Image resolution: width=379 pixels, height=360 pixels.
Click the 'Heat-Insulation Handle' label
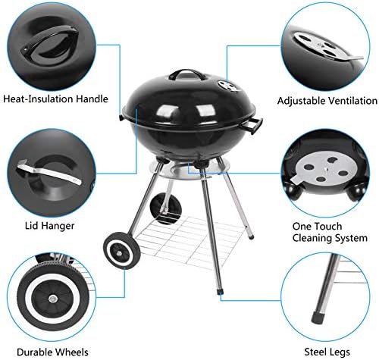[x=55, y=99]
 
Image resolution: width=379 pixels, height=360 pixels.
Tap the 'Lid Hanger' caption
[x=50, y=226]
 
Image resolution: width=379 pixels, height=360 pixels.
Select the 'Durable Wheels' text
[x=52, y=352]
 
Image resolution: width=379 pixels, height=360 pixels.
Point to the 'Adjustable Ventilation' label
[x=327, y=101]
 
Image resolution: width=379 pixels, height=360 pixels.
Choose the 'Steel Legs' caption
[x=327, y=352]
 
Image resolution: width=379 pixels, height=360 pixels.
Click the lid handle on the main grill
[x=186, y=74]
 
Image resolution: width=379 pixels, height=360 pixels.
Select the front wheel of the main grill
[x=122, y=251]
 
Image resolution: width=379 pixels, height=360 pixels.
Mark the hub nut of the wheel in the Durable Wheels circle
[x=52, y=299]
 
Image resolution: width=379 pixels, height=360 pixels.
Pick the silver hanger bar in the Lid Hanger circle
[x=49, y=172]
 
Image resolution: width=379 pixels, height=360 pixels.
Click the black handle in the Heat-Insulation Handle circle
[x=50, y=40]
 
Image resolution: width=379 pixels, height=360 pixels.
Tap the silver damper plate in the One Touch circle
[x=324, y=169]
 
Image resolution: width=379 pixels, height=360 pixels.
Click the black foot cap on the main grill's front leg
[x=220, y=292]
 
